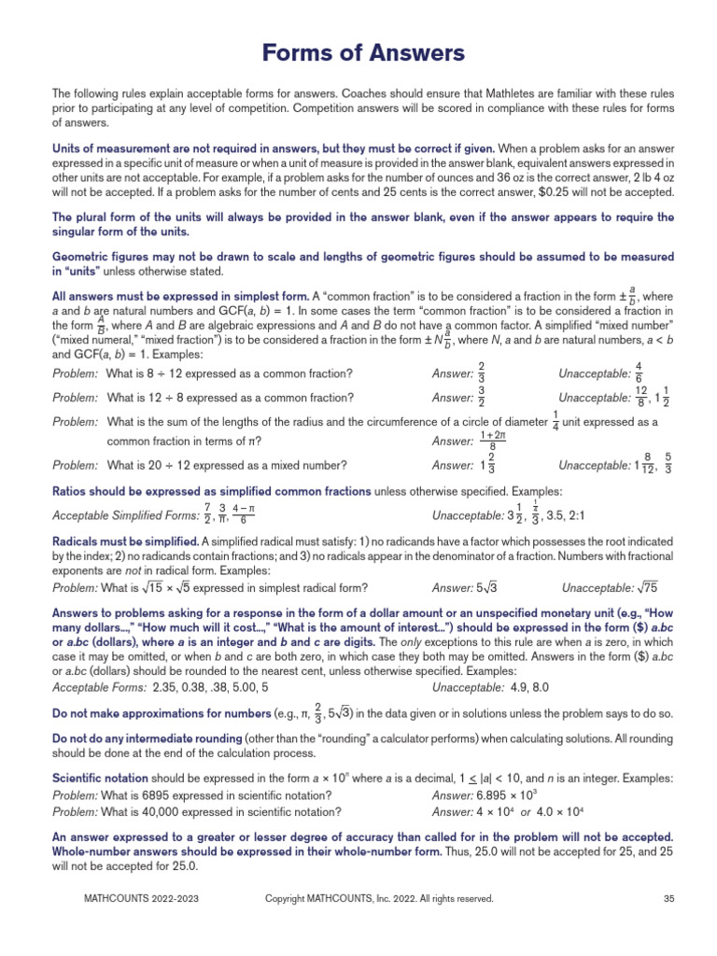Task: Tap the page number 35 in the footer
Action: (668, 899)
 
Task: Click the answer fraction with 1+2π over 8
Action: (492, 441)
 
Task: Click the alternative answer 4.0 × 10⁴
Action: (559, 810)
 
